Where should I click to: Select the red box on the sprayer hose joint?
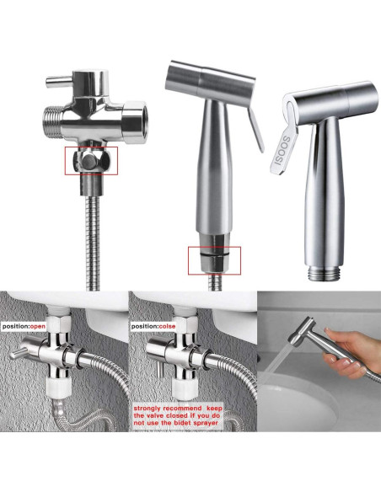click(214, 258)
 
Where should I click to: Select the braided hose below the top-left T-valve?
click(92, 236)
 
